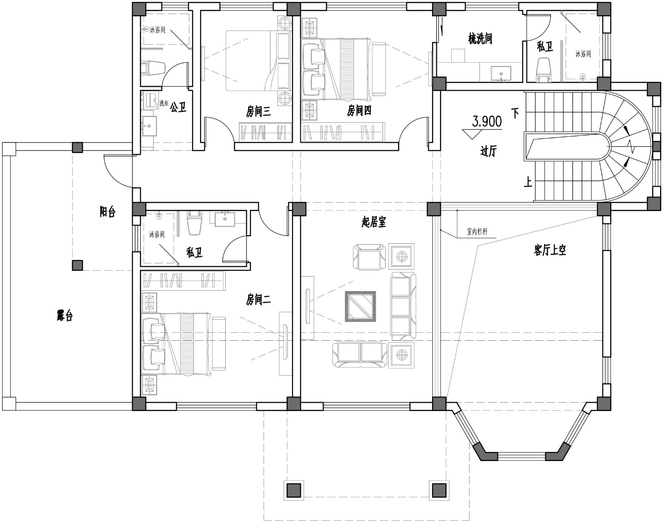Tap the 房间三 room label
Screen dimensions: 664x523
(x=258, y=112)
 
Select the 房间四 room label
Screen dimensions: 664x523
(x=359, y=111)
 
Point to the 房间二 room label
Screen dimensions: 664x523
(x=258, y=299)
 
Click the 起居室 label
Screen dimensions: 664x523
(x=374, y=222)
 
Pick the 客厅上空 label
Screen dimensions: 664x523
(x=550, y=250)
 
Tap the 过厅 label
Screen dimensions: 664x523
(x=488, y=151)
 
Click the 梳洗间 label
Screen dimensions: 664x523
(x=480, y=39)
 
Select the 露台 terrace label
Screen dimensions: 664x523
(x=65, y=315)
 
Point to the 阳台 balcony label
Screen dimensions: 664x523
(x=108, y=212)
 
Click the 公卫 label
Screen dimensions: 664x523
(x=178, y=108)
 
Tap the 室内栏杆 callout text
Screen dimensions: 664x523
(x=477, y=231)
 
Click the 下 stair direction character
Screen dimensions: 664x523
(x=515, y=113)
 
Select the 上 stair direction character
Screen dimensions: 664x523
(x=528, y=182)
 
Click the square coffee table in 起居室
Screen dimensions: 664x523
(x=360, y=306)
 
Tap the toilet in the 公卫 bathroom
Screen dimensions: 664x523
(x=153, y=68)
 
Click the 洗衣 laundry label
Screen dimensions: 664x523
(x=164, y=103)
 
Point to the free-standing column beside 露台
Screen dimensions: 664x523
(x=77, y=265)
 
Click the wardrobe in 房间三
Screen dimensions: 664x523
(x=265, y=132)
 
